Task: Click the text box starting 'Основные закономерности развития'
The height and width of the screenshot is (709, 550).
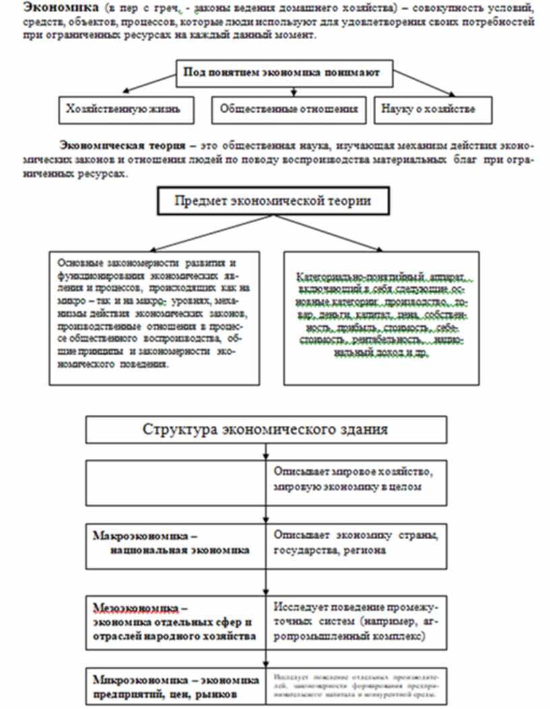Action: tap(154, 317)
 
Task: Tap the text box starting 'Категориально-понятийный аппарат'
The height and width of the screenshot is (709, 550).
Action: tap(381, 317)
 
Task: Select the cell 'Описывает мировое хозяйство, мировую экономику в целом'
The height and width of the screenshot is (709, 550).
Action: tap(357, 481)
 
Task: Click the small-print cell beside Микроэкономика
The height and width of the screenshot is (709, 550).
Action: tap(357, 686)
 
